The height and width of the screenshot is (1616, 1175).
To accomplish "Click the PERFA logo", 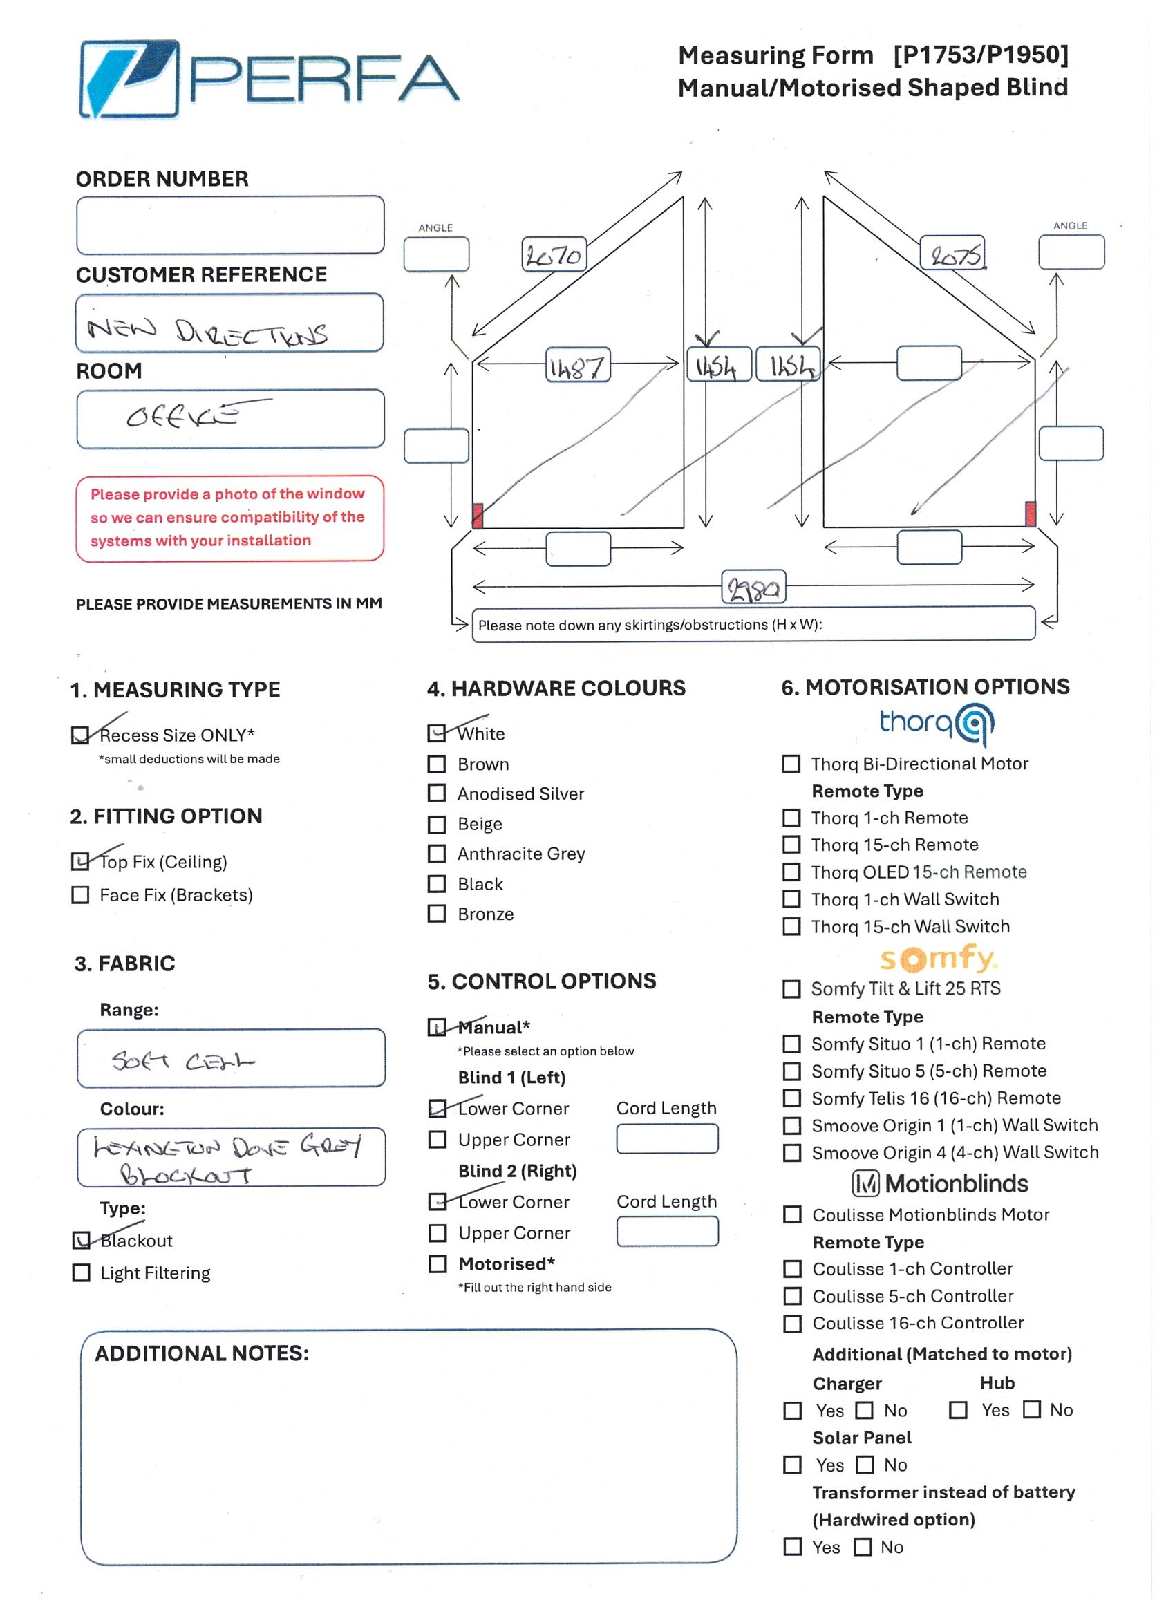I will tap(269, 78).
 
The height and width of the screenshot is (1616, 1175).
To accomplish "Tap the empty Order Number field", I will tap(230, 225).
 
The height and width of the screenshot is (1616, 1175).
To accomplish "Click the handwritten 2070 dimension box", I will tap(554, 254).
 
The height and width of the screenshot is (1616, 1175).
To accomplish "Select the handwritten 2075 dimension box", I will tap(952, 253).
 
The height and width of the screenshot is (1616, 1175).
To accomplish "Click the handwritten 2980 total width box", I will tap(753, 587).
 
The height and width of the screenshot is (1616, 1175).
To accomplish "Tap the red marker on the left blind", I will tap(478, 514).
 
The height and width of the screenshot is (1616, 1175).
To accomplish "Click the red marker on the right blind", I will tap(1030, 513).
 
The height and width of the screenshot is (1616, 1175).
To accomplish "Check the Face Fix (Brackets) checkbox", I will tap(80, 895).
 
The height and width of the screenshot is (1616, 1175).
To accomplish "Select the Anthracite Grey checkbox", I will tap(437, 854).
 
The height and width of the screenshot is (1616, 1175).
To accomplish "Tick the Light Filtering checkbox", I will tap(82, 1273).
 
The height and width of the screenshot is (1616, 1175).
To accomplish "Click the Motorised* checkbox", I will tap(438, 1264).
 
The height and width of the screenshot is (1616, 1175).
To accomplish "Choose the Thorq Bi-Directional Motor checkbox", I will tap(791, 764).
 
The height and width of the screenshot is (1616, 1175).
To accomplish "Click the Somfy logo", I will tap(938, 959).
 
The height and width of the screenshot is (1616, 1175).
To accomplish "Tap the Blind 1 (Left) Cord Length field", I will tap(667, 1138).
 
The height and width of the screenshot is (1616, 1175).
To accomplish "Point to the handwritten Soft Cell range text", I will tap(182, 1062).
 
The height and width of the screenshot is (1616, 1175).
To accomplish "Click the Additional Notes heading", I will tap(203, 1353).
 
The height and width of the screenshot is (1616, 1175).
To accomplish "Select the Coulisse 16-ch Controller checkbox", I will tap(792, 1323).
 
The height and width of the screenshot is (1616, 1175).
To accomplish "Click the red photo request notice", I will tap(229, 517).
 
